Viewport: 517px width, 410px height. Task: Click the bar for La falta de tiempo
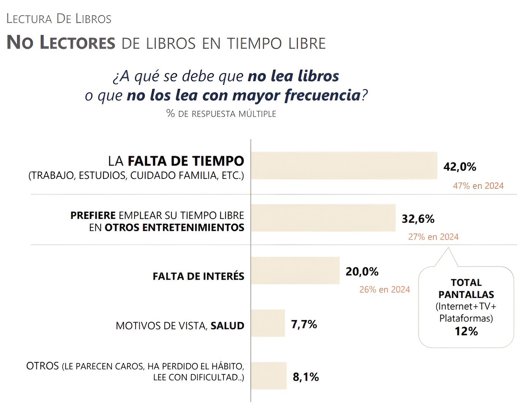344,166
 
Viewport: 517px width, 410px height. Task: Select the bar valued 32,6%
323,218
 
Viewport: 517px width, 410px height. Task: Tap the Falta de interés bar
295,270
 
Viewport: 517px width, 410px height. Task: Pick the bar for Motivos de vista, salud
268,323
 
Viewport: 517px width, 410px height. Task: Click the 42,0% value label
460,167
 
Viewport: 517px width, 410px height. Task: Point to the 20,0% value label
362,271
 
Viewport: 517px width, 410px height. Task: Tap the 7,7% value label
304,324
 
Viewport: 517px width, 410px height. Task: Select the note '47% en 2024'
478,186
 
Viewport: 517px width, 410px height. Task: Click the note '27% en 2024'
433,237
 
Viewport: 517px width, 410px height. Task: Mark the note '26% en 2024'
385,290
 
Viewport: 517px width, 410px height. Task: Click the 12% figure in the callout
466,331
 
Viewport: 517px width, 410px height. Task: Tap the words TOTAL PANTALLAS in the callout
466,289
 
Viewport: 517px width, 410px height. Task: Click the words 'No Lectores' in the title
61,42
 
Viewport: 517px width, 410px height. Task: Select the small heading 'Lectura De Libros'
59,19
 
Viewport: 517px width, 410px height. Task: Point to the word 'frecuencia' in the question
322,95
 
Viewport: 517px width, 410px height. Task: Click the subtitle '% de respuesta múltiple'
221,114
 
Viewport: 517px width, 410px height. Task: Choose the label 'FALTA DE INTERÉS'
198,276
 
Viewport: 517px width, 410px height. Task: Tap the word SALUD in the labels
227,326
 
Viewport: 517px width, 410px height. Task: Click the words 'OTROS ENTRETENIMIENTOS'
174,227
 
